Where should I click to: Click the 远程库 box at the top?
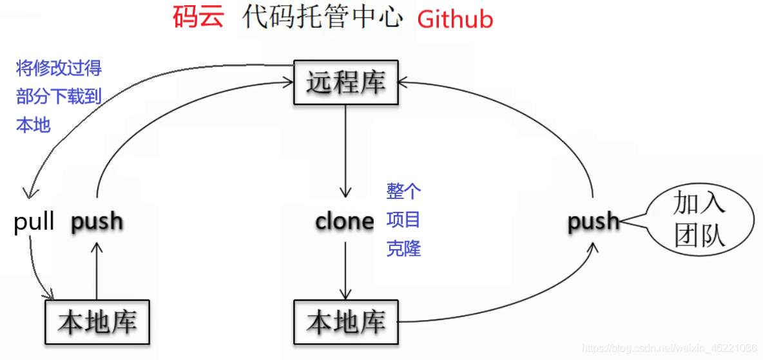(x=346, y=82)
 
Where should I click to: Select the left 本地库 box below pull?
(x=97, y=322)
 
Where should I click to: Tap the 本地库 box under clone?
(x=346, y=322)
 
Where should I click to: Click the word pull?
(x=34, y=223)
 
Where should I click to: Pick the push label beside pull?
(x=97, y=222)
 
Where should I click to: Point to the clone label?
(x=345, y=222)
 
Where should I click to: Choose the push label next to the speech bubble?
(x=594, y=222)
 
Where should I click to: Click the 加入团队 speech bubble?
(x=699, y=219)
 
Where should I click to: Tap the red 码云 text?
(x=198, y=17)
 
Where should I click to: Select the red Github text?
(x=455, y=19)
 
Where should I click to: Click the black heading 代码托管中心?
(x=322, y=18)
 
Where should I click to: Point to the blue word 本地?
(x=33, y=125)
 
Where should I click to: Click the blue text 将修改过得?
(x=59, y=68)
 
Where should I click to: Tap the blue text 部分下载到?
(x=59, y=97)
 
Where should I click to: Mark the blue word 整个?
(x=403, y=191)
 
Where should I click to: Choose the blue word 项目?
(x=403, y=220)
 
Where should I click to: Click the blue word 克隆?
(x=403, y=249)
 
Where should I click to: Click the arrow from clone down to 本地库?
(x=346, y=270)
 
